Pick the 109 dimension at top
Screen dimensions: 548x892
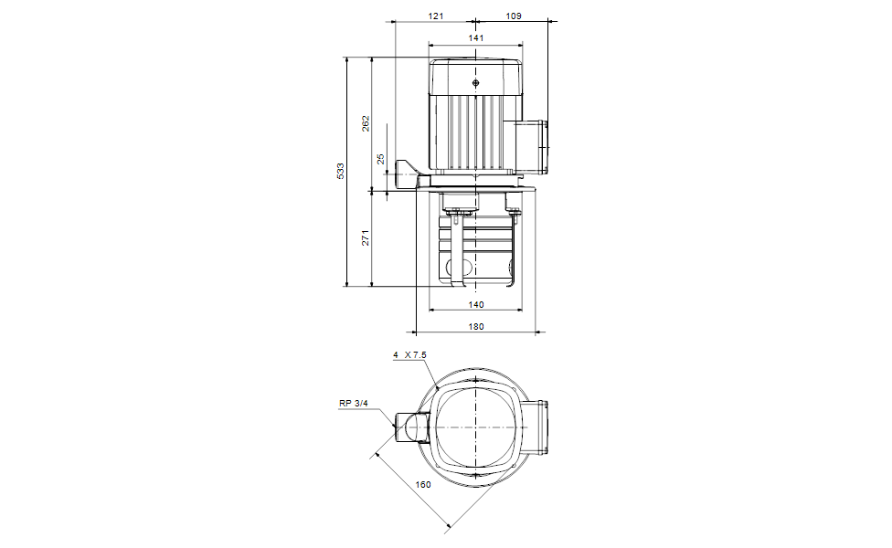tap(514, 16)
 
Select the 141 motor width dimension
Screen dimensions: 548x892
tap(475, 37)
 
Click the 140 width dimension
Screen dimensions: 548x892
tap(475, 305)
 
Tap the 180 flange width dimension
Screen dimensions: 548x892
tap(475, 326)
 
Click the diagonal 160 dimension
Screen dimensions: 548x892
tap(423, 485)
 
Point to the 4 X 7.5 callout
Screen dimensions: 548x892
tap(409, 354)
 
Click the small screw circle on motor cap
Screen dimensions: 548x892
tap(476, 83)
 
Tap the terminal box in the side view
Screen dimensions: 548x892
tap(534, 146)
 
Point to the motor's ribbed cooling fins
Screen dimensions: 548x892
tap(475, 132)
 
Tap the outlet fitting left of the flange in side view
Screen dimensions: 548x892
tap(406, 170)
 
